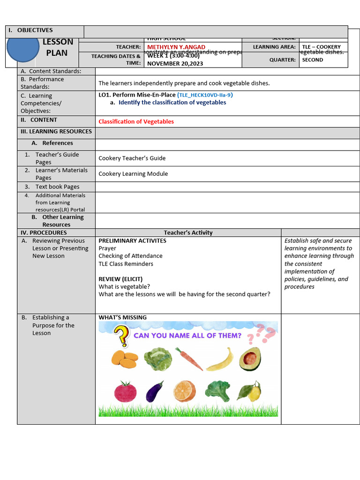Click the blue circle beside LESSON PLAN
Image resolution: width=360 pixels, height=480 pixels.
23,47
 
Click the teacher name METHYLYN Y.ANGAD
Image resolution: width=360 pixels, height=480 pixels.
176,47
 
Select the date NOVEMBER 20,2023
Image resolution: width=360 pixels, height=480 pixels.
175,63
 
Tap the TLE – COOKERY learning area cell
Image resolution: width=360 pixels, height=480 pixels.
321,47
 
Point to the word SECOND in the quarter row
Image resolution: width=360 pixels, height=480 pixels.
312,60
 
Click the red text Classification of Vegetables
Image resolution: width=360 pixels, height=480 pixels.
136,121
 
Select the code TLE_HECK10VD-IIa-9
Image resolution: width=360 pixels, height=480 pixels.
205,95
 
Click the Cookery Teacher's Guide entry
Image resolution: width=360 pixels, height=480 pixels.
132,158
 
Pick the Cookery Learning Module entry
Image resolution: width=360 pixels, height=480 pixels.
133,173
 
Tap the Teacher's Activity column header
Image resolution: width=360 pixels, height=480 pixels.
188,232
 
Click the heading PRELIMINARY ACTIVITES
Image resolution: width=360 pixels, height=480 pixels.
132,240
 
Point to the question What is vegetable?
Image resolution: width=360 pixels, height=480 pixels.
124,286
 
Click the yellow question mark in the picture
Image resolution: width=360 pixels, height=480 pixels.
121,336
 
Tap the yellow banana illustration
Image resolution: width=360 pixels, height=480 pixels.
220,359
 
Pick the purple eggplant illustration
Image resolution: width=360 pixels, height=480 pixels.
155,392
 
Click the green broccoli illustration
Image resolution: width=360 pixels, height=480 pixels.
217,390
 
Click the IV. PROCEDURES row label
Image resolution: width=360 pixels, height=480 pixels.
43,232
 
